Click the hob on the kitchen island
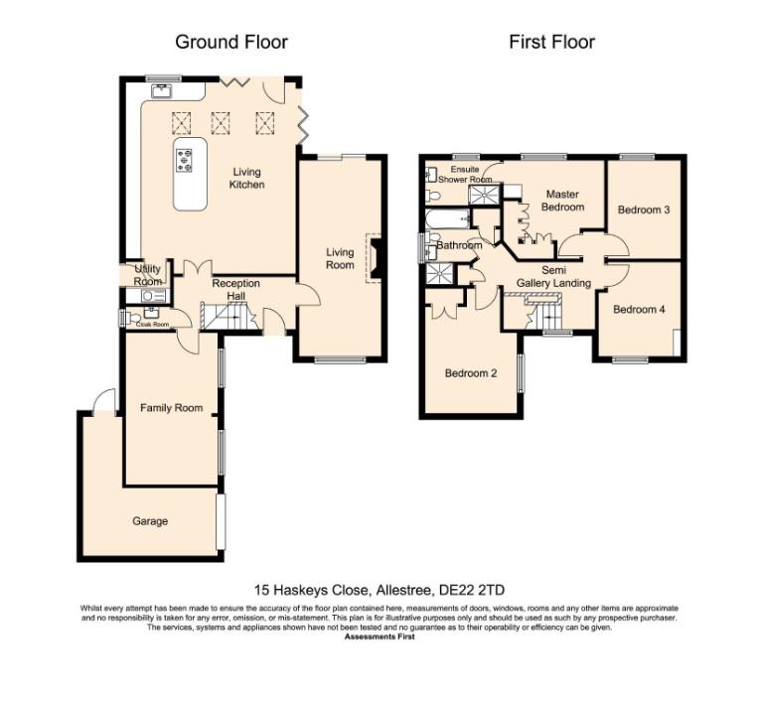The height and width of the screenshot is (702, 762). [x=185, y=159]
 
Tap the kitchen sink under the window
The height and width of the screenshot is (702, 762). [x=162, y=91]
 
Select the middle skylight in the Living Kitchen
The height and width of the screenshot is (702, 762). [x=221, y=121]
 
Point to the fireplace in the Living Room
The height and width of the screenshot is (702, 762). [x=375, y=256]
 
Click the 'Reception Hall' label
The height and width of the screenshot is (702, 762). [x=235, y=289]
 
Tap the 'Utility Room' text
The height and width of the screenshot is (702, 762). [x=134, y=275]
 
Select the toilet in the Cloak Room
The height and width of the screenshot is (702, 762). [x=126, y=318]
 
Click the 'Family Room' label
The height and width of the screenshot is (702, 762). [x=171, y=408]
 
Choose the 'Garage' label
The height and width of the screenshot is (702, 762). [x=150, y=521]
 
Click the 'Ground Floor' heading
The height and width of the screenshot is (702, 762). [x=231, y=42]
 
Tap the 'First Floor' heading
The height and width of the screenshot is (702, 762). [x=551, y=42]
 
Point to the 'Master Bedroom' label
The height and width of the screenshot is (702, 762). [x=559, y=201]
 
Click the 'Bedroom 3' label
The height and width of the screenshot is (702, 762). [x=643, y=211]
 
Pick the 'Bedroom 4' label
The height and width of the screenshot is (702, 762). [x=638, y=310]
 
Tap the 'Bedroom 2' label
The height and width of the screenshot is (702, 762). [x=470, y=373]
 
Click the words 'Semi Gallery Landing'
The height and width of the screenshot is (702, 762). [x=553, y=276]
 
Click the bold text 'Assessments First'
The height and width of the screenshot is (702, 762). [x=380, y=636]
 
